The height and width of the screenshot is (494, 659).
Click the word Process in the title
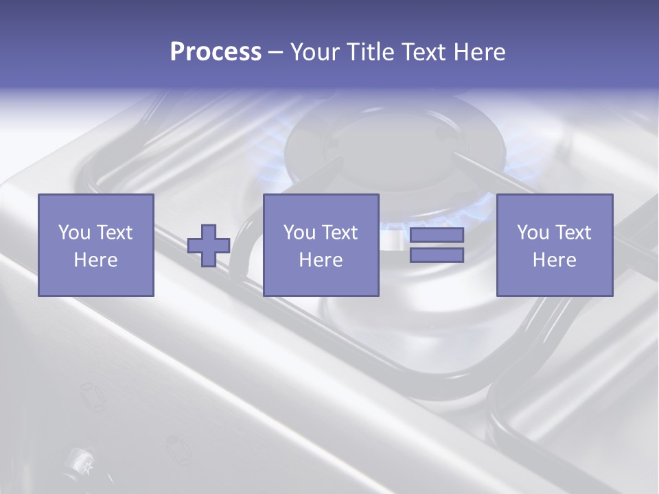pos(216,51)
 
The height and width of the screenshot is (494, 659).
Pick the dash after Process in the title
pos(275,53)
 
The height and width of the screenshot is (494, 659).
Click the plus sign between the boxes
pos(209,246)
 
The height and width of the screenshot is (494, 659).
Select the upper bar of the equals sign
pos(437,235)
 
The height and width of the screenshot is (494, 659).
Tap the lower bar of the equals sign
pos(437,255)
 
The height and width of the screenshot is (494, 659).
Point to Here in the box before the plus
pos(96,260)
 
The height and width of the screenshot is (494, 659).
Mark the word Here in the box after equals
pos(555,260)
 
